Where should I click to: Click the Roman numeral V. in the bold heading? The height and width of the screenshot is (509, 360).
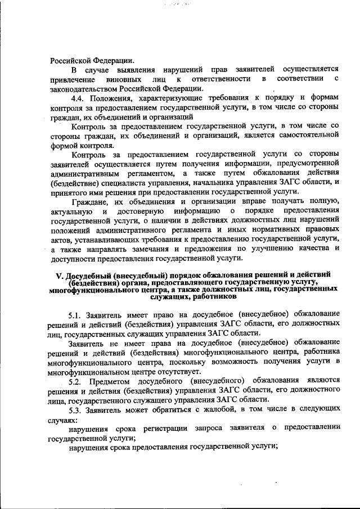pos(59,274)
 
